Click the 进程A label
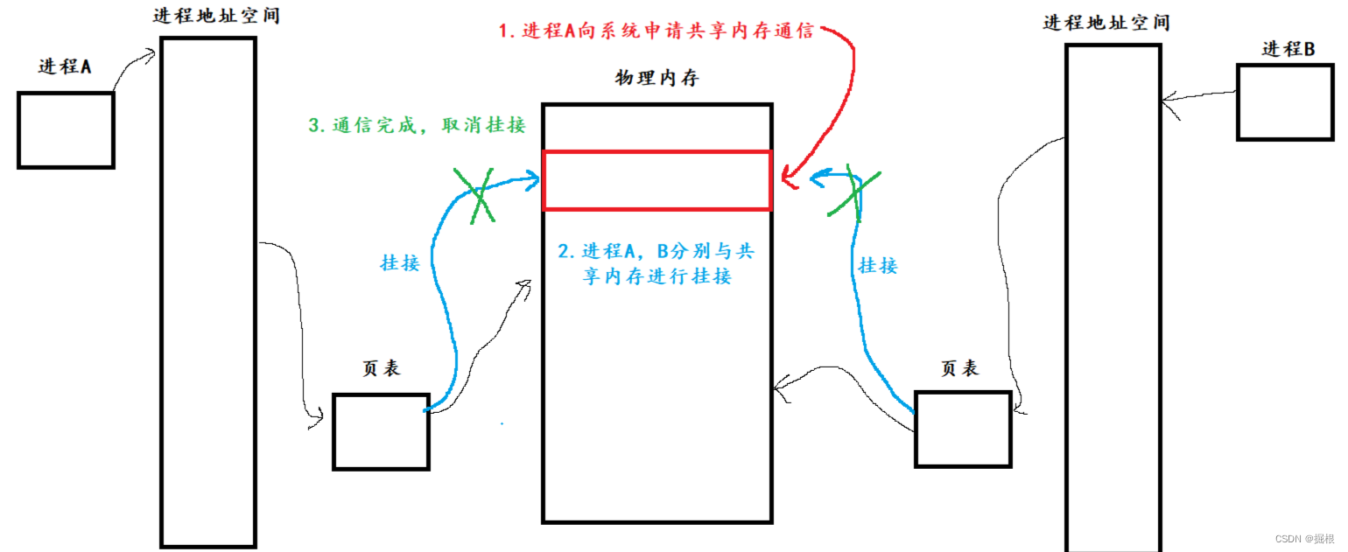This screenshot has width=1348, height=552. (65, 66)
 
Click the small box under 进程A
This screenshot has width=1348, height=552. (66, 129)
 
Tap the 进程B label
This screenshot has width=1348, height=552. (1288, 50)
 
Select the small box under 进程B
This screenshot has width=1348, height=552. (1285, 101)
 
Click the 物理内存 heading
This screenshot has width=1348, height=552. (657, 79)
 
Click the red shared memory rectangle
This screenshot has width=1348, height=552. (656, 180)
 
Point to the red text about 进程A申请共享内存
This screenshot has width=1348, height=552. (656, 31)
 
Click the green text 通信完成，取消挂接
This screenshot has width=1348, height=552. (417, 125)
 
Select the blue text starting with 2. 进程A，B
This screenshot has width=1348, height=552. (656, 264)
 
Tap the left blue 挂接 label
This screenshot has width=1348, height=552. (399, 262)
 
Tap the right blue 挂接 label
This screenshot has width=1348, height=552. (878, 265)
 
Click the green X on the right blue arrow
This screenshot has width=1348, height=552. (853, 190)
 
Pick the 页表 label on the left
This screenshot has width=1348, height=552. (381, 368)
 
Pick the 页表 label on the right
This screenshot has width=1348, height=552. (959, 369)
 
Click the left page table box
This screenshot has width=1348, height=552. (381, 431)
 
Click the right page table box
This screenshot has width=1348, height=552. (963, 428)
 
